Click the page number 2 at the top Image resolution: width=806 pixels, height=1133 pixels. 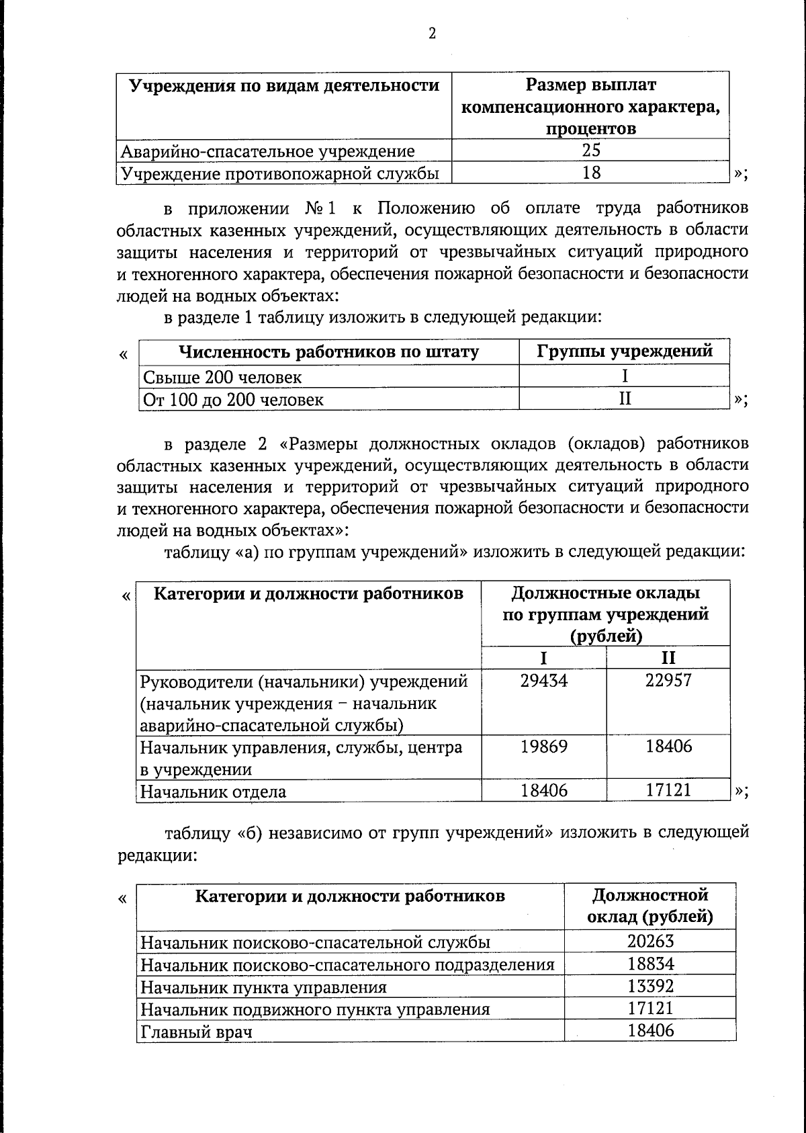(x=432, y=34)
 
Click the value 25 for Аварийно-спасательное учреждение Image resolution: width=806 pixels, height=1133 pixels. (x=590, y=150)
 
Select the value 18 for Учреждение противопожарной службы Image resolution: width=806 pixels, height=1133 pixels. (x=590, y=173)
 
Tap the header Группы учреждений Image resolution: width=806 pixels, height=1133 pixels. (x=624, y=351)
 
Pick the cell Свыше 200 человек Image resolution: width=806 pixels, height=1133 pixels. (x=222, y=377)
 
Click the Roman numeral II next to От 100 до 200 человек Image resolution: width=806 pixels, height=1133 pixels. (x=625, y=399)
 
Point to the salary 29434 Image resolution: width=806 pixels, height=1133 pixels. (x=543, y=681)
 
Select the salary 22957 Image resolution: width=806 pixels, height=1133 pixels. (x=668, y=681)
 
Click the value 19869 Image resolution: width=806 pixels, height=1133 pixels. (x=543, y=747)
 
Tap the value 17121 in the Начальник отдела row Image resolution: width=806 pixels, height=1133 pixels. (x=668, y=790)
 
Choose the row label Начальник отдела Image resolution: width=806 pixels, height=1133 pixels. (x=213, y=792)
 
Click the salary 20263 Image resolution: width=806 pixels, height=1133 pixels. (x=650, y=941)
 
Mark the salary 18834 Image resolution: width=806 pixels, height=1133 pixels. (x=650, y=964)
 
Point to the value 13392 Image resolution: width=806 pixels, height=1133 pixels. (x=650, y=987)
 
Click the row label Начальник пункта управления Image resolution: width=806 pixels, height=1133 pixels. (x=263, y=987)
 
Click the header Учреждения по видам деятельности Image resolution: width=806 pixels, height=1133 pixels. (x=284, y=86)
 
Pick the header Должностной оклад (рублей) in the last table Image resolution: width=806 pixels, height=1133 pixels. (x=650, y=906)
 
